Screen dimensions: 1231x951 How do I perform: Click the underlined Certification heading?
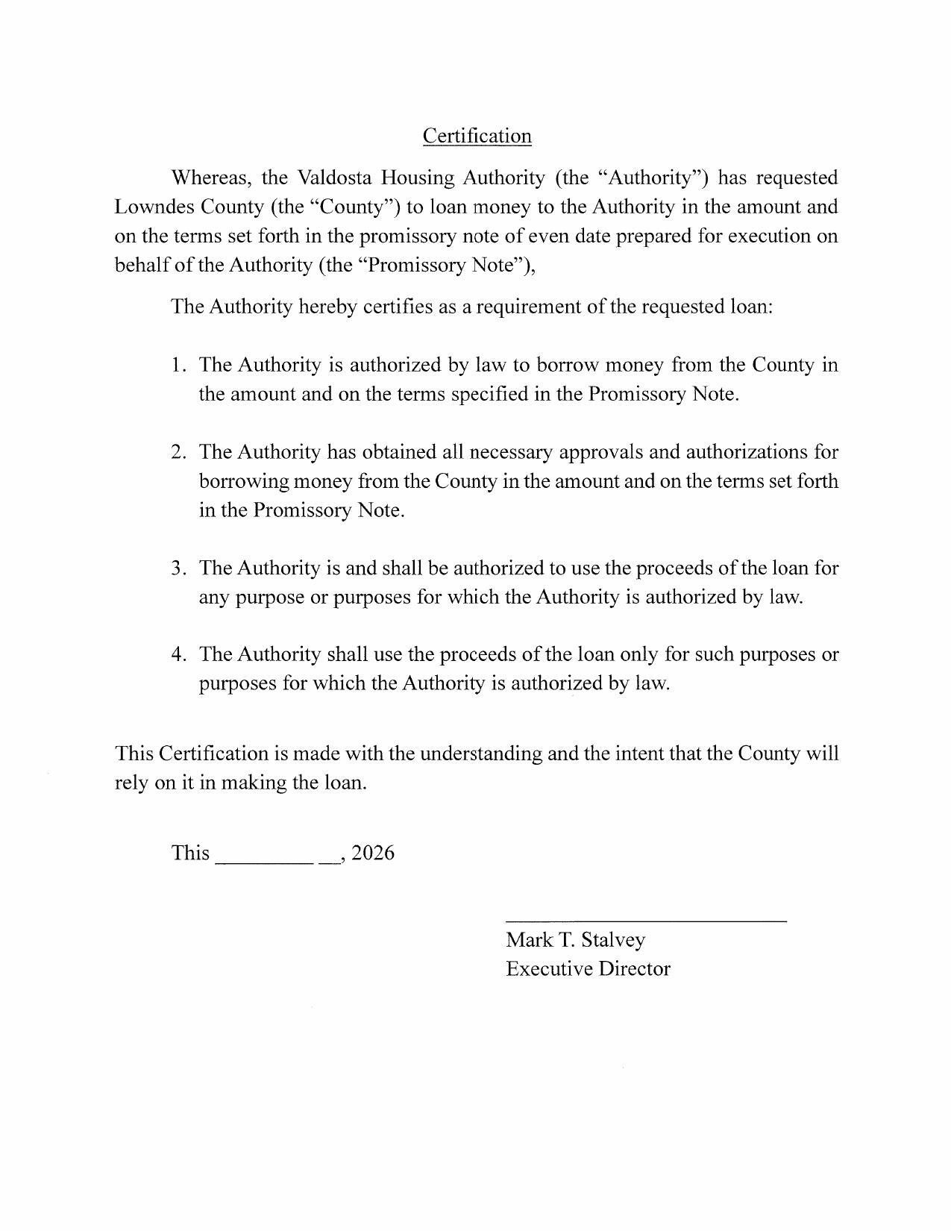coord(477,136)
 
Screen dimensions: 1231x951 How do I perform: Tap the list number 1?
coord(177,365)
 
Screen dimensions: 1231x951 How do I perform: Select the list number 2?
coord(178,452)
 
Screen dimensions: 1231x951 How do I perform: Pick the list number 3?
coord(178,568)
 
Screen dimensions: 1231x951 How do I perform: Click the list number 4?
coord(178,654)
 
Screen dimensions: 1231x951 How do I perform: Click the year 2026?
coord(372,853)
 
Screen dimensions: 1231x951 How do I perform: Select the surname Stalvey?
coord(612,940)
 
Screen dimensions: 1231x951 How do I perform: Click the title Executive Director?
coord(588,969)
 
